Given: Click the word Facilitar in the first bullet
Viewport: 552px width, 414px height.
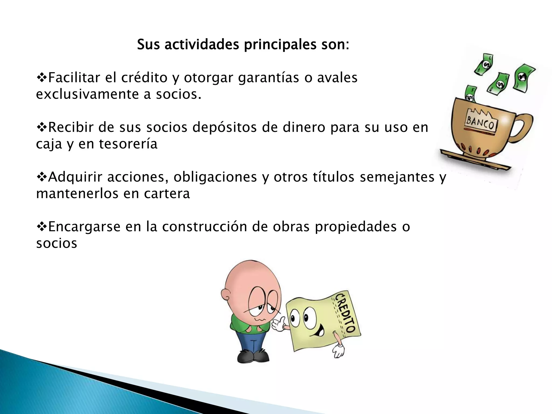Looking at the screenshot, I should click(x=74, y=78).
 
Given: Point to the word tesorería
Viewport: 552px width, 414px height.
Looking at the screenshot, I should click(x=128, y=144).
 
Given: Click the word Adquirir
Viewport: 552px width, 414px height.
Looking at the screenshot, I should click(x=75, y=177).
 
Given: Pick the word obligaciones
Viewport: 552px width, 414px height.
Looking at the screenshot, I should click(x=215, y=177).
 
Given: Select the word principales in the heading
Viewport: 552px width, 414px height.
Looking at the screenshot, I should click(x=280, y=45).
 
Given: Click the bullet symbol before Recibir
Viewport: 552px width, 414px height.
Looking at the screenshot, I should click(x=42, y=127).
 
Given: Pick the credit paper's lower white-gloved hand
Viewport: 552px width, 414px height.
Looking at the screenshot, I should click(x=338, y=350).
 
